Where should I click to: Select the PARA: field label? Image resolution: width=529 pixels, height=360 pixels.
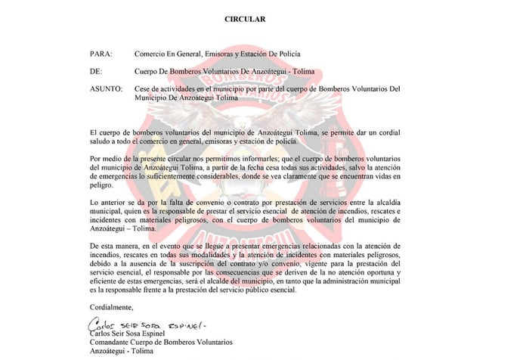pyautogui.click(x=101, y=54)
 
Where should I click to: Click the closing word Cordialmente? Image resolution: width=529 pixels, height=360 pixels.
pyautogui.click(x=112, y=306)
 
